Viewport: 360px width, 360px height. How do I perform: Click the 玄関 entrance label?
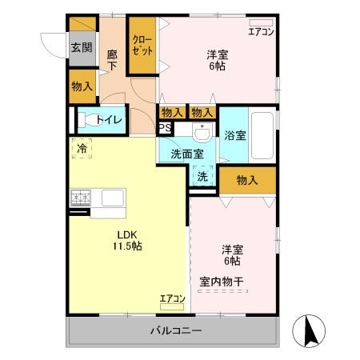click(x=82, y=48)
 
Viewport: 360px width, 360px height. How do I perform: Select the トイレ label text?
click(x=110, y=120)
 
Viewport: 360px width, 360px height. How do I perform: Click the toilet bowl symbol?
click(x=86, y=121)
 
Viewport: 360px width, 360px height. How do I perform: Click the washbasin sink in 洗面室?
click(x=202, y=130)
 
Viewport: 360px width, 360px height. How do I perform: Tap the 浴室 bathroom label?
click(x=235, y=135)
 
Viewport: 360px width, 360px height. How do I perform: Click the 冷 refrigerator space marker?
click(x=82, y=147)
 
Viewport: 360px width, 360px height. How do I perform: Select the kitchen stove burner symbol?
click(x=82, y=196)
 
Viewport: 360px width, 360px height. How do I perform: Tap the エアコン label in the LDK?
click(x=172, y=298)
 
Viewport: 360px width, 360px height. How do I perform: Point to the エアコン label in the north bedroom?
click(x=261, y=32)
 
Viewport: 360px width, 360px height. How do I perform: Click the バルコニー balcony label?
click(x=176, y=330)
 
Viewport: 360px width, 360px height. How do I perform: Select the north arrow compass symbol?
click(x=308, y=330)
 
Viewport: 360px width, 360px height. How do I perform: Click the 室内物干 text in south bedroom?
click(x=222, y=281)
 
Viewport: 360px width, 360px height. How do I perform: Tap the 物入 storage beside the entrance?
click(x=82, y=86)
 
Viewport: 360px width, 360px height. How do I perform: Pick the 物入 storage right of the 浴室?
click(x=247, y=181)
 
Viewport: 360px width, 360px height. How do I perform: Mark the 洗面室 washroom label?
click(x=186, y=154)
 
